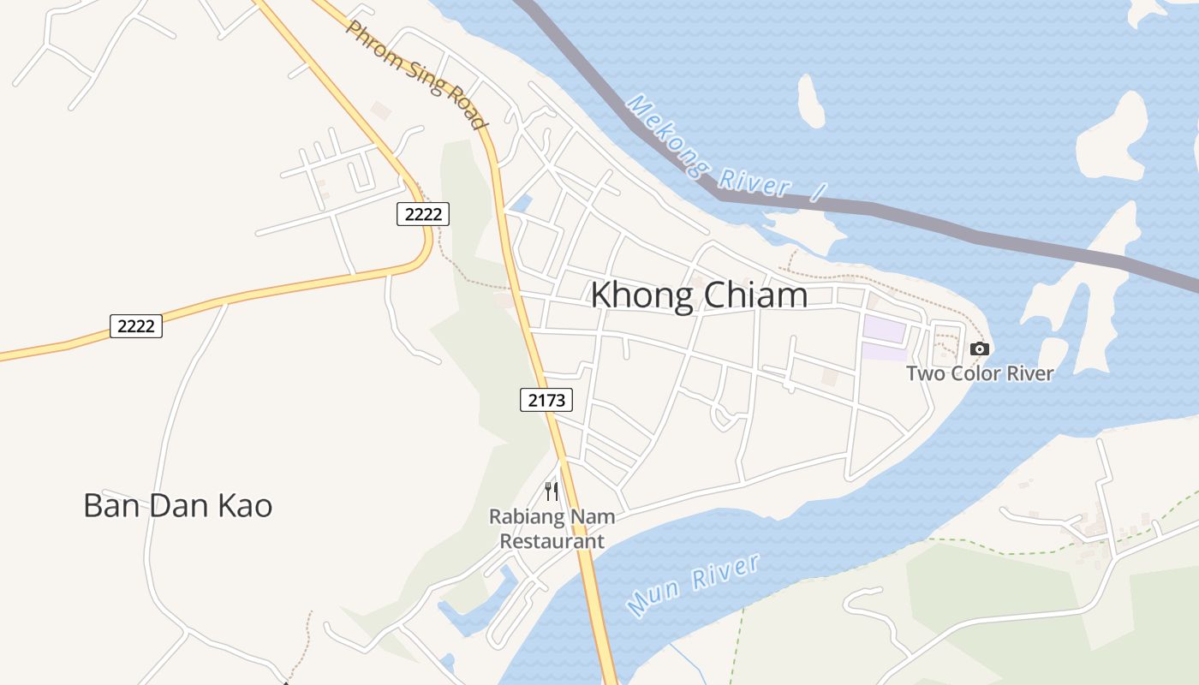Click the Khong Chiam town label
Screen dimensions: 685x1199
699,295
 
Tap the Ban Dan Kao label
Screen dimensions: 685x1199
178,505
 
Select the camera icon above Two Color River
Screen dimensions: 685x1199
980,348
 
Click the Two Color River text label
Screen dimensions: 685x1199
980,373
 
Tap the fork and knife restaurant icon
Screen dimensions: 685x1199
552,491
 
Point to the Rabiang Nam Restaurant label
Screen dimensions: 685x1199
552,529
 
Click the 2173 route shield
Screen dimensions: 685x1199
546,399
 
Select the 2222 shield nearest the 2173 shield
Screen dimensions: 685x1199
423,214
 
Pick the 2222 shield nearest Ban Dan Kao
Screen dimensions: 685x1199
136,325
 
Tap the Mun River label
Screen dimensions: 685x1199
694,585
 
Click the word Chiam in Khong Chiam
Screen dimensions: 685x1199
755,295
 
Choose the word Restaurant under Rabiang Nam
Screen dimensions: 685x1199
552,541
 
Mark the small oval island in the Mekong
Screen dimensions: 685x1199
811,100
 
